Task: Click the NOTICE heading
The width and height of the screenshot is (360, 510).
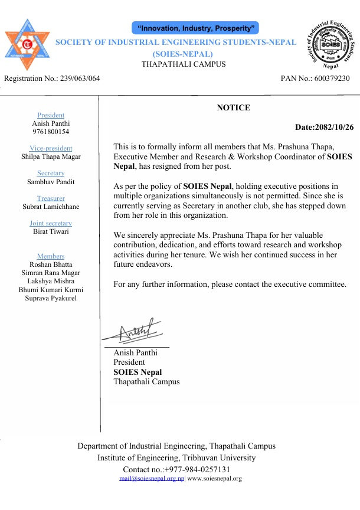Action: click(x=234, y=107)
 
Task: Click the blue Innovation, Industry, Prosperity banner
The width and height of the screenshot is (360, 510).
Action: click(x=196, y=28)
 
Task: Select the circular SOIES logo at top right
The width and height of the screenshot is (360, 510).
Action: click(x=332, y=45)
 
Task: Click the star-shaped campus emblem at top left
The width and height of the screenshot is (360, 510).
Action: click(x=28, y=45)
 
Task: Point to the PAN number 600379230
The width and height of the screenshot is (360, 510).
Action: click(x=332, y=79)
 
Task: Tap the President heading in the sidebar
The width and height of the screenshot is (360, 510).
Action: click(x=51, y=115)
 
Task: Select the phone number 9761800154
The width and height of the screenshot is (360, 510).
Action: click(x=51, y=132)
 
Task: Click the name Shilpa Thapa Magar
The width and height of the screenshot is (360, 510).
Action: click(x=51, y=156)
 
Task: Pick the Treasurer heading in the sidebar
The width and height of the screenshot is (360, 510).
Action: click(x=51, y=198)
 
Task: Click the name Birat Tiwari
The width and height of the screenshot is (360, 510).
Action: click(x=51, y=231)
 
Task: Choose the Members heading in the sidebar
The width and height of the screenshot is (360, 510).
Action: click(x=51, y=256)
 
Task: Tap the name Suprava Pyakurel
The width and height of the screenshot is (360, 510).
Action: click(x=51, y=298)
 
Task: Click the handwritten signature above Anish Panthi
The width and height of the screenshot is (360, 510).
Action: click(x=137, y=331)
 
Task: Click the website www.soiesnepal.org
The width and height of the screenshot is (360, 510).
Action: click(x=215, y=479)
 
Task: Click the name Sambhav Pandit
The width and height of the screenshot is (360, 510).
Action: click(x=51, y=182)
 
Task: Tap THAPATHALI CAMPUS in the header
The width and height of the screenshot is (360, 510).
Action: click(x=184, y=64)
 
